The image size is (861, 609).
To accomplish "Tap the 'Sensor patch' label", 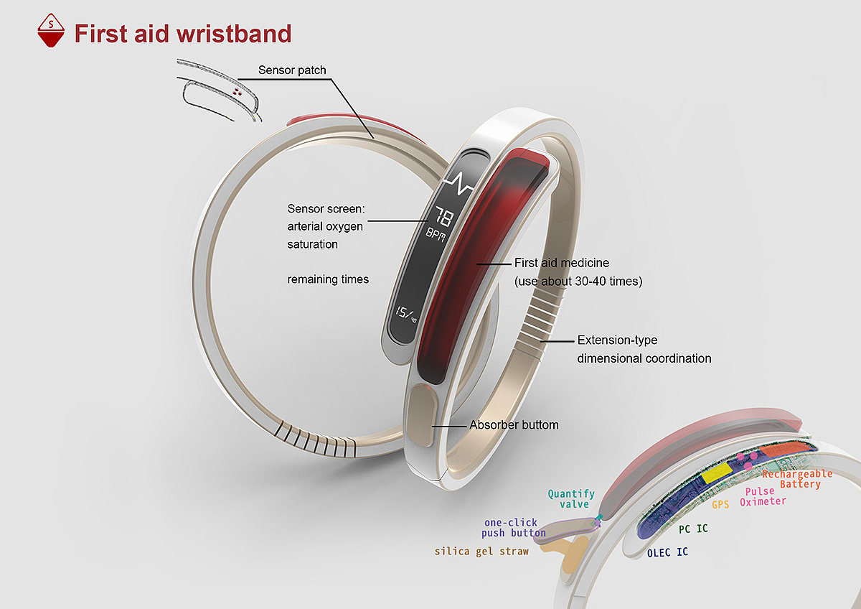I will coord(292,70).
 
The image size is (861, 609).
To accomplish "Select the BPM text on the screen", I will coord(436,235).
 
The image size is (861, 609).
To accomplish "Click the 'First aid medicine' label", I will coord(562,264).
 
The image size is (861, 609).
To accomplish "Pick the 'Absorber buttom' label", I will coord(514,425).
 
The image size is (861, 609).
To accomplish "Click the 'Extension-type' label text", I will coord(617,340).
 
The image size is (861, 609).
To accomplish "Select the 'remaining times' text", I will coord(328,279).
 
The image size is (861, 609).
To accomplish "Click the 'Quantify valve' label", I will coord(571,498).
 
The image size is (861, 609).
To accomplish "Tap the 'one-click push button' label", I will coord(513,528).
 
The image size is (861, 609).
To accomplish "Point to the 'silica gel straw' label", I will coord(481,552).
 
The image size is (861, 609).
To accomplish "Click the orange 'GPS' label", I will coord(720,505).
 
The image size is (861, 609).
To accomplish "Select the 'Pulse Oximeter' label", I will coord(763,496).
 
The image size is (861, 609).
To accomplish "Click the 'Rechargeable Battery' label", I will coord(797,479).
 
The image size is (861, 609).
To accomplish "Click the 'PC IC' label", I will coord(693,529).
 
